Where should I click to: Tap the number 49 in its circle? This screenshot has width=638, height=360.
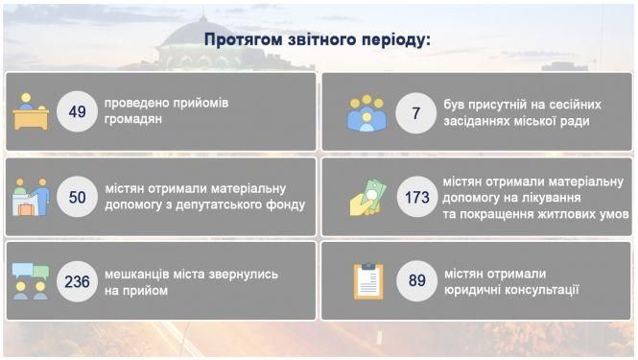pyautogui.click(x=78, y=112)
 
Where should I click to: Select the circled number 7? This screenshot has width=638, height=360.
pyautogui.click(x=415, y=112)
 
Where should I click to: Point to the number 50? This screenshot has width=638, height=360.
pyautogui.click(x=78, y=197)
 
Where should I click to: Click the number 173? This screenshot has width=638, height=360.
pyautogui.click(x=416, y=197)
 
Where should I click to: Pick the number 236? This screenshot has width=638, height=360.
pyautogui.click(x=78, y=281)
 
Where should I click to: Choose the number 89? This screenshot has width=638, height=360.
pyautogui.click(x=416, y=281)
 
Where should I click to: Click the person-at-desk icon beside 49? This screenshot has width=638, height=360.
pyautogui.click(x=31, y=112)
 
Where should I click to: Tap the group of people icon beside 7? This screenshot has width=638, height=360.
pyautogui.click(x=366, y=113)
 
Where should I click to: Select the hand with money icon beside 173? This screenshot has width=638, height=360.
pyautogui.click(x=366, y=197)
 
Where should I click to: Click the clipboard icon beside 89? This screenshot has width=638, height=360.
pyautogui.click(x=367, y=281)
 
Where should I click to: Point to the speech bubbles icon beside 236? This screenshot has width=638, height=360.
pyautogui.click(x=31, y=281)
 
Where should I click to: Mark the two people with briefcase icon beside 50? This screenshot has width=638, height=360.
pyautogui.click(x=31, y=198)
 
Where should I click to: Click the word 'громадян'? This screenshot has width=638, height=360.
pyautogui.click(x=133, y=121)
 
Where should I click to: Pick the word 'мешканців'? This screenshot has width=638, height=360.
pyautogui.click(x=138, y=274)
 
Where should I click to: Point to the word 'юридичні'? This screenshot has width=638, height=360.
pyautogui.click(x=473, y=290)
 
